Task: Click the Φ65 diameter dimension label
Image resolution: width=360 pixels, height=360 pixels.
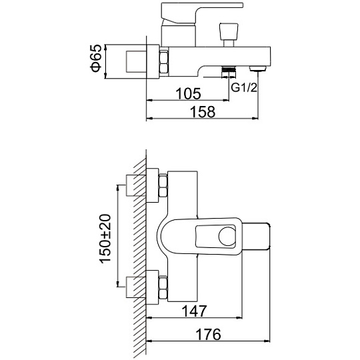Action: coord(96,58)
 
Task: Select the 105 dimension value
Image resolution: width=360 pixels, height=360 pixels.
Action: coord(188,94)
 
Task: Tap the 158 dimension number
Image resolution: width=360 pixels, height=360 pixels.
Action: coord(203,112)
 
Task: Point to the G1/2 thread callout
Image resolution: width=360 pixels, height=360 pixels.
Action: coord(244,87)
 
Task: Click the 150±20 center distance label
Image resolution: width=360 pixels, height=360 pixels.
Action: coord(105,238)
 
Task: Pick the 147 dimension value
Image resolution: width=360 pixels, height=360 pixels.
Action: coord(194,311)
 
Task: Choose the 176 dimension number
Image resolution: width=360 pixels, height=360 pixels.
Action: coord(208,334)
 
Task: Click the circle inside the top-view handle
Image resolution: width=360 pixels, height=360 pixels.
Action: coord(227,237)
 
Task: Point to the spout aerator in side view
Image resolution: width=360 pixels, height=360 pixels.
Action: coord(258,69)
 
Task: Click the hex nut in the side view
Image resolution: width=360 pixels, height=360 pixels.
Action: coord(164,63)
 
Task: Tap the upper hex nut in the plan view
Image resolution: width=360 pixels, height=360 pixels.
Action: coord(163,186)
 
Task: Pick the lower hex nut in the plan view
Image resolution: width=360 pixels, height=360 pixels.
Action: coord(163,288)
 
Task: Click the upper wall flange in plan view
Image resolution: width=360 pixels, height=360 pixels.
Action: coord(153,185)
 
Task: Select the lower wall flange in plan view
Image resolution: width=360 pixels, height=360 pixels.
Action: coord(153,287)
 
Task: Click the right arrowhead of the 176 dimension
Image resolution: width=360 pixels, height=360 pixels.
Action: coord(267,341)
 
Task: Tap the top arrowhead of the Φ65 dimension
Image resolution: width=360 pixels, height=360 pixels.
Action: coord(105,47)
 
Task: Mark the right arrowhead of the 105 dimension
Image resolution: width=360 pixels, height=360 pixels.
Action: coord(227,100)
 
